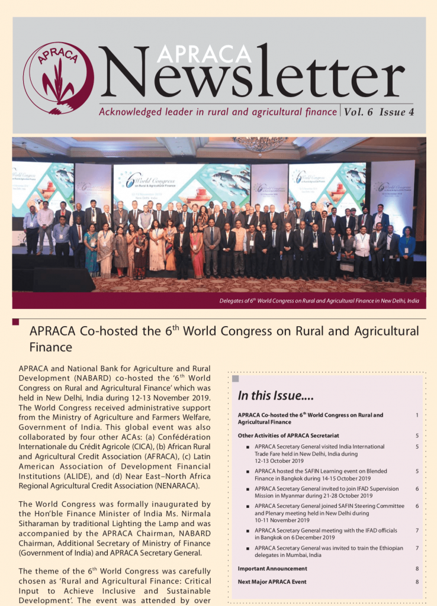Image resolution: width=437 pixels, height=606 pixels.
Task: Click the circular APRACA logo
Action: (x=58, y=78)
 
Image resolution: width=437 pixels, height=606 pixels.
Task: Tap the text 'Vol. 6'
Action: (x=359, y=112)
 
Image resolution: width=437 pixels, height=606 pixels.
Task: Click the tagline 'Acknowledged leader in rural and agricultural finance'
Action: (x=217, y=112)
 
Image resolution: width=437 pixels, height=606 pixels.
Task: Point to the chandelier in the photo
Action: (x=261, y=145)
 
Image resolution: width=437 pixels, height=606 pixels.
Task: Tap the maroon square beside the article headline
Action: (x=16, y=322)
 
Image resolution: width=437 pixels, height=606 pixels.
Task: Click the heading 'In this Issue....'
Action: (x=276, y=395)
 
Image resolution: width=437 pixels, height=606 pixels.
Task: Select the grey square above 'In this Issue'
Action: (x=235, y=378)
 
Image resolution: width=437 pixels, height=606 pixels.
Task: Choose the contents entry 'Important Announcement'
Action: (x=272, y=568)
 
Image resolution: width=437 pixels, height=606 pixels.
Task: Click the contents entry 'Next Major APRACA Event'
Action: (x=272, y=582)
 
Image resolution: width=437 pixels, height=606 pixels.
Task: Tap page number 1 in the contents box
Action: (x=417, y=415)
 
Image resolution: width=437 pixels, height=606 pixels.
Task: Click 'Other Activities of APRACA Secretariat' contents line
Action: (x=288, y=436)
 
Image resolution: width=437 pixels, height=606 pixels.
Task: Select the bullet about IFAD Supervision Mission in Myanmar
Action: (x=327, y=492)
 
